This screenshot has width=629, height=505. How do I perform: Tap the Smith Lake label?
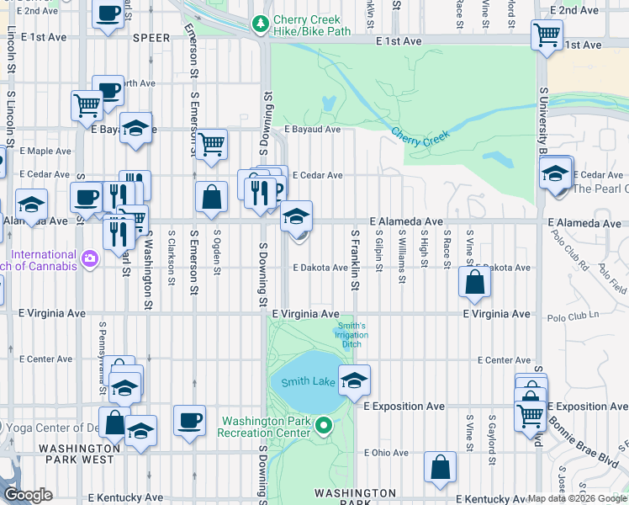(304, 381)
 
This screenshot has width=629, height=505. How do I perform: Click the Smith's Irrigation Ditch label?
(352, 335)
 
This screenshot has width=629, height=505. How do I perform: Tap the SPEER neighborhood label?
(151, 38)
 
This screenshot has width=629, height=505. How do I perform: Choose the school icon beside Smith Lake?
(354, 381)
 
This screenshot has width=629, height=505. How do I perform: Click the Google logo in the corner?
(29, 495)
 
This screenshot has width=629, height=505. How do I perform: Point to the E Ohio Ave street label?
(385, 453)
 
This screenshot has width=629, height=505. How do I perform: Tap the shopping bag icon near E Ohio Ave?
(440, 467)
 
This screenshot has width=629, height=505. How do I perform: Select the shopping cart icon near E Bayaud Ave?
(212, 144)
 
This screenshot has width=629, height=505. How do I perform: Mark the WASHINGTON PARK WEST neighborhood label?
(87, 454)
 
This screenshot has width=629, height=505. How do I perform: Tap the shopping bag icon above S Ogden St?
(211, 197)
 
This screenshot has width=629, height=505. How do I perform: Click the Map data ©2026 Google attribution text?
(576, 498)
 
